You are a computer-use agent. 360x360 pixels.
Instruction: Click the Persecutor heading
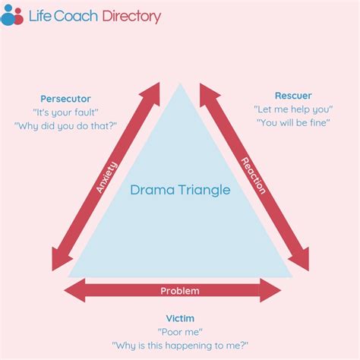pos(65,99)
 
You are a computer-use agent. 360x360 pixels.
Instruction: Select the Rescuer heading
pos(293,96)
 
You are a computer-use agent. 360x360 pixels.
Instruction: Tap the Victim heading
pos(180,318)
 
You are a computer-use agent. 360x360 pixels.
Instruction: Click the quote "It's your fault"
pos(65,112)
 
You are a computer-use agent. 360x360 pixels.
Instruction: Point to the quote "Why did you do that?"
pos(65,126)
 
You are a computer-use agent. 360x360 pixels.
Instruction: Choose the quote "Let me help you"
pos(293,109)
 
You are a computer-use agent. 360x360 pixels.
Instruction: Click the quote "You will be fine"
pos(293,123)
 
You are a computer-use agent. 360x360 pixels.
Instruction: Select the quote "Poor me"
pos(180,332)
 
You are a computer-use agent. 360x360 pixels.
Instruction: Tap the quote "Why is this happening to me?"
pos(180,346)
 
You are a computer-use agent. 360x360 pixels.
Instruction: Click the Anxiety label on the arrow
pos(107,177)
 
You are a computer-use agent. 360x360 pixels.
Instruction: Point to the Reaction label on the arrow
pos(253,176)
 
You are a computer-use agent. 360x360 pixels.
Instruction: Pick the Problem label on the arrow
pos(180,291)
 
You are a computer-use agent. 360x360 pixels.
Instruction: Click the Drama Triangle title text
pos(180,190)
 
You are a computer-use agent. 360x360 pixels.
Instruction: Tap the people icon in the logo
pos(12,15)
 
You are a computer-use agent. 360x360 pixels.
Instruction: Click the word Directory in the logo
pos(131,16)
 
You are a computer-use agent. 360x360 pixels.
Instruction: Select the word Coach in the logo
pos(76,16)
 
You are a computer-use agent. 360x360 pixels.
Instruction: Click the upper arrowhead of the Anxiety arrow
pos(150,93)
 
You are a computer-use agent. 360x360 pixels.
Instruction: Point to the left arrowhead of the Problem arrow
pos(74,290)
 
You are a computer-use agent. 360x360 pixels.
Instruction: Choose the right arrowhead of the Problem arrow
pos(270,290)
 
